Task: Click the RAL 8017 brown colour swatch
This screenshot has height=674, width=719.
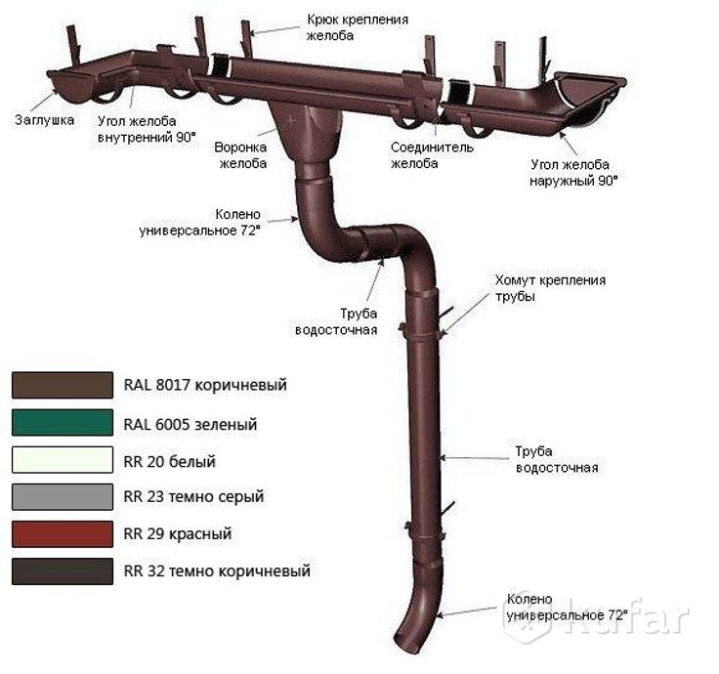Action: point(62,385)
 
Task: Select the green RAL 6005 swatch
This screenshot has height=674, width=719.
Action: point(62,422)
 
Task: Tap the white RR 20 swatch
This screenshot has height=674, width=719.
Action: point(62,460)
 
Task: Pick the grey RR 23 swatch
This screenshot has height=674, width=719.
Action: point(62,497)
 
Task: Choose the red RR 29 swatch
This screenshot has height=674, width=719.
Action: point(62,534)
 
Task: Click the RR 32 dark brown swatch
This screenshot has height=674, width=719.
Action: point(62,571)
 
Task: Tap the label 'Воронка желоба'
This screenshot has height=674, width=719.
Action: point(241,155)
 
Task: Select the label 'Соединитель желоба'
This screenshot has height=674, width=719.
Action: point(431,155)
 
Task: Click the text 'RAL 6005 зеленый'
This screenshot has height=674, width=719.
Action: point(190,425)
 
